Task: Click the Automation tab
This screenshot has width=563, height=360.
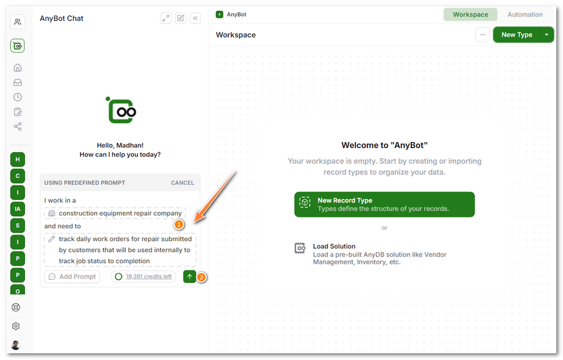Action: (x=524, y=15)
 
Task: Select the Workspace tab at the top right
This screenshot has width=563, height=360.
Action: (x=471, y=15)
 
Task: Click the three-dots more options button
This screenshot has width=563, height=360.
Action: (x=483, y=35)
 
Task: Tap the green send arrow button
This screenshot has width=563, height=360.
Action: (x=190, y=277)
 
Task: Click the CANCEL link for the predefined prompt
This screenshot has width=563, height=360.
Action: (x=182, y=183)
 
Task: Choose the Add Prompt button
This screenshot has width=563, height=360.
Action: (x=72, y=277)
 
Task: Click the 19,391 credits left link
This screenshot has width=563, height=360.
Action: (x=149, y=277)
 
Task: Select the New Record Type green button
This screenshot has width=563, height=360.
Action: (x=384, y=204)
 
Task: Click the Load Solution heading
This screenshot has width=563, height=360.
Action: (x=334, y=247)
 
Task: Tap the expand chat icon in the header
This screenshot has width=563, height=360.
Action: (x=165, y=18)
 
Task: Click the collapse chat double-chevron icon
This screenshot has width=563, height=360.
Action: (x=195, y=18)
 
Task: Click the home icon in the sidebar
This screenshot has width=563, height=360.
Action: (x=18, y=67)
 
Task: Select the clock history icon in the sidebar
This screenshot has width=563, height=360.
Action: (x=18, y=97)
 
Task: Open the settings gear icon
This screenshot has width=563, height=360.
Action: (x=16, y=326)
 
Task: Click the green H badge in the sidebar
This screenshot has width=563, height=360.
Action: (x=18, y=160)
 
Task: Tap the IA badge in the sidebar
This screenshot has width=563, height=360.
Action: (x=18, y=209)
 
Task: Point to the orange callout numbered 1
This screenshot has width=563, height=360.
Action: (x=179, y=225)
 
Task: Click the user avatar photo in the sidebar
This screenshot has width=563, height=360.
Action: (x=16, y=345)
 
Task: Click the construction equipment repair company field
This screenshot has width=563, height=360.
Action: (x=115, y=214)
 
